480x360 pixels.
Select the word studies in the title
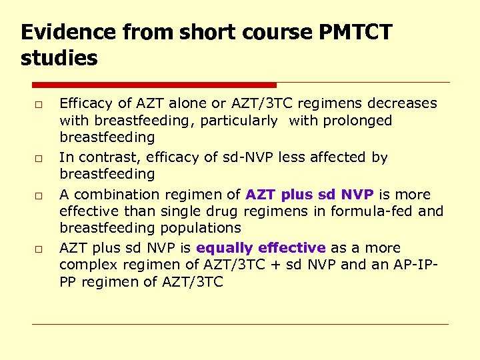(x=59, y=58)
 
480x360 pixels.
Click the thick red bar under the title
(x=154, y=85)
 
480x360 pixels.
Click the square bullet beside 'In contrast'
(x=40, y=159)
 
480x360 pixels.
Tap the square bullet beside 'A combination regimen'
(x=40, y=196)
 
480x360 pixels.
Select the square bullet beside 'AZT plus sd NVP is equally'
(x=40, y=249)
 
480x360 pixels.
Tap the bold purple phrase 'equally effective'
(x=261, y=248)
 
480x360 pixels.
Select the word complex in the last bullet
(x=85, y=265)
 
